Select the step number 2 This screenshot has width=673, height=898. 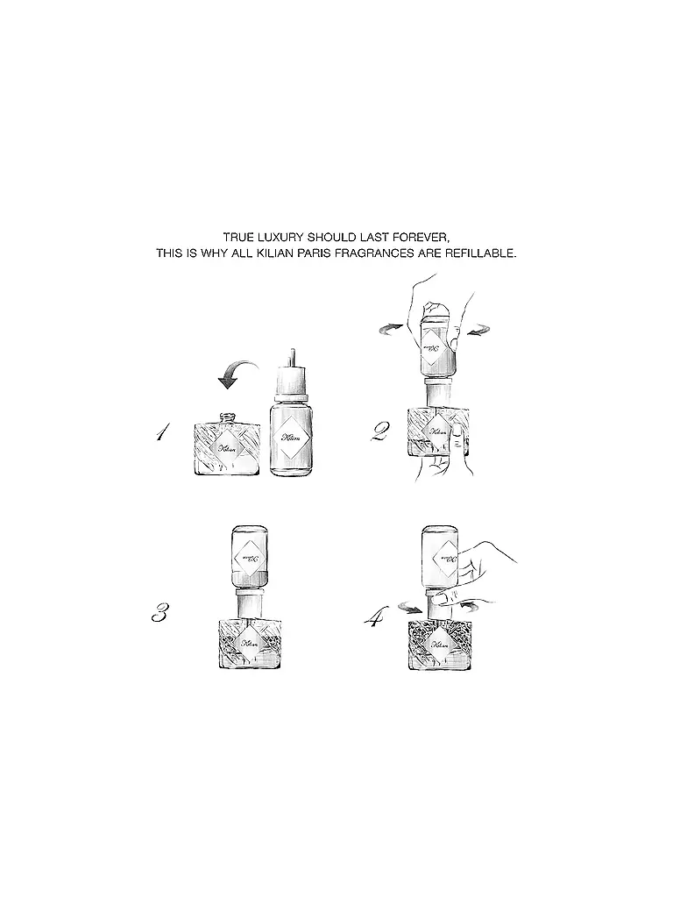pyautogui.click(x=379, y=431)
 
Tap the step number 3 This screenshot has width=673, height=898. pyautogui.click(x=159, y=612)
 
